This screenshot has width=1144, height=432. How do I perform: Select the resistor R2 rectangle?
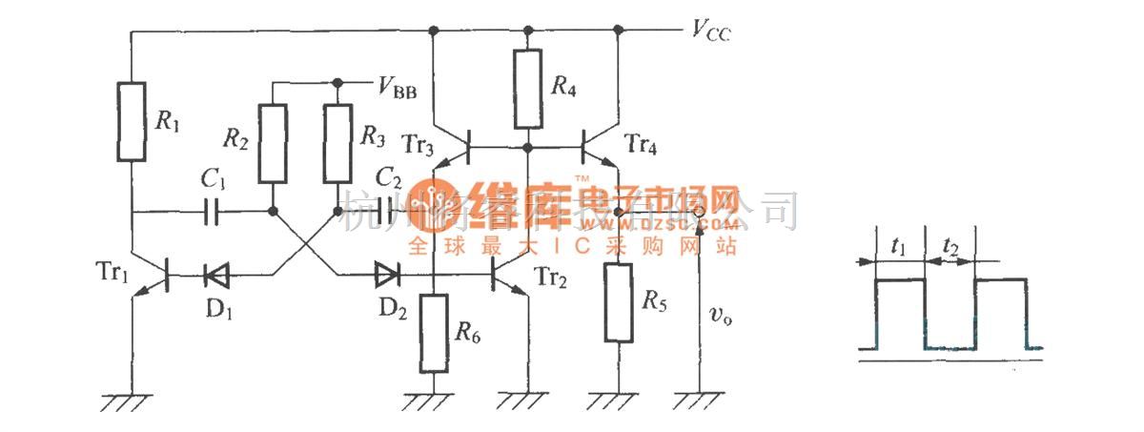coord(273,143)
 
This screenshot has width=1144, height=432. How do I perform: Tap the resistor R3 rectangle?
coord(338,143)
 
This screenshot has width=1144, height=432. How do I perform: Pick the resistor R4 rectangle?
coord(528,89)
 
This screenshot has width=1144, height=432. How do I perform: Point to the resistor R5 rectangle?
coord(619,303)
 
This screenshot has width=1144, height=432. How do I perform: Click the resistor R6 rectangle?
coord(434,334)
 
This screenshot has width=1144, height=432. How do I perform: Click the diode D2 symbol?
coord(387,277)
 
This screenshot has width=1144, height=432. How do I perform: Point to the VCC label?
coord(712,31)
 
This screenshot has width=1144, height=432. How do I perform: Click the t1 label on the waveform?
coord(898,247)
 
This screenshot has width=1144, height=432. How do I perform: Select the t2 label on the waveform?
coord(950,247)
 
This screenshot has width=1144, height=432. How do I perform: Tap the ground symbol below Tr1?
coord(130,401)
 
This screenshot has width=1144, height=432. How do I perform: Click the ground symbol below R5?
coord(619,401)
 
